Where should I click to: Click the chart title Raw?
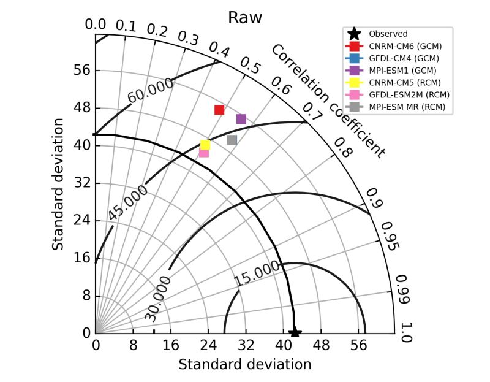(x=244, y=18)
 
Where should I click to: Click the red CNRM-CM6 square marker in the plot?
(x=219, y=110)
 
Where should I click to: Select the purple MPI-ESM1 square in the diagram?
(x=241, y=119)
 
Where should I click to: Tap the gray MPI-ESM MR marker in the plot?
(x=232, y=140)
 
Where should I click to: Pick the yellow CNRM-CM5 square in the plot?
(x=205, y=145)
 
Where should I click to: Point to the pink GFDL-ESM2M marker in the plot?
(x=204, y=153)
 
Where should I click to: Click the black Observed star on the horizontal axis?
(x=295, y=332)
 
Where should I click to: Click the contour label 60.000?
(x=151, y=91)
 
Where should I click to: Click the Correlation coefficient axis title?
(x=328, y=101)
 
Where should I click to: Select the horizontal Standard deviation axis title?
(x=244, y=364)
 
